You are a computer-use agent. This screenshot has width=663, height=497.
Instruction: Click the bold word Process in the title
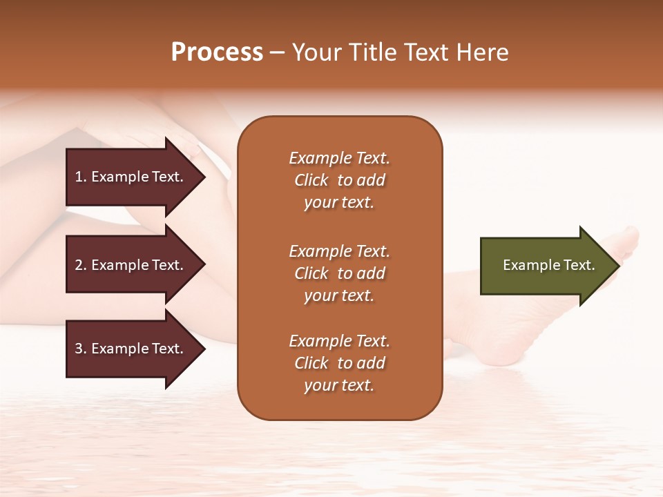coord(217,52)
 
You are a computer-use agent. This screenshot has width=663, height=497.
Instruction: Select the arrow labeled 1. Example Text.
coord(131,177)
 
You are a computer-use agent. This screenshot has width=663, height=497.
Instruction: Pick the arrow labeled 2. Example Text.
coord(131,265)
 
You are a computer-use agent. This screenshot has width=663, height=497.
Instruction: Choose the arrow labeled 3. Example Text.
coord(131,349)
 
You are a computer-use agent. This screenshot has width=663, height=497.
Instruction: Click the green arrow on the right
coord(546,265)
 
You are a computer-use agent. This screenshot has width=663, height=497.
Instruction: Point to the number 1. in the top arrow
coord(81,177)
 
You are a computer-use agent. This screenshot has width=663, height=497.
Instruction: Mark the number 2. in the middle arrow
coord(81,265)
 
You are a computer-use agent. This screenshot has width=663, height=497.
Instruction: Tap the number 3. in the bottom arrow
coord(81,349)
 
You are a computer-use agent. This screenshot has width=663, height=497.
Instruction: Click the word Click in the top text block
coord(311,180)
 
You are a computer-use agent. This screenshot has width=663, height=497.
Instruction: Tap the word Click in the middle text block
coord(311,273)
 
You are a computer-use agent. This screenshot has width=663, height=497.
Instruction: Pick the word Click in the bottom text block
coord(311,363)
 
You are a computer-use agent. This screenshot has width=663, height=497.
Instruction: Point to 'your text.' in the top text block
coord(339,202)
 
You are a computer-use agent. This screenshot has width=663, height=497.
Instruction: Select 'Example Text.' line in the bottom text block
coord(339,341)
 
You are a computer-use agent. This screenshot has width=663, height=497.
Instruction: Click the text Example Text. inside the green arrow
coord(548,265)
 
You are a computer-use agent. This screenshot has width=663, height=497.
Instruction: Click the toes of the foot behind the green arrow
coord(628,238)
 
